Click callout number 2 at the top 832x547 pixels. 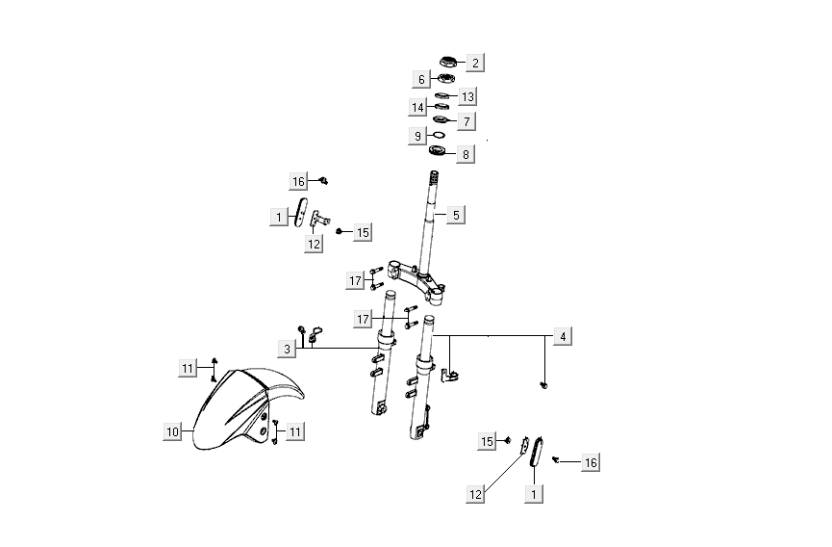(x=475, y=63)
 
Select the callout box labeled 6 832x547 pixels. (x=421, y=78)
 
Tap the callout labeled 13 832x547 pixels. (x=467, y=97)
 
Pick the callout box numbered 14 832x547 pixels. (x=417, y=107)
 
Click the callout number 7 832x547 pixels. (x=467, y=122)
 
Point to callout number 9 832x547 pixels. (x=417, y=137)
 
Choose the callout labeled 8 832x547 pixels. (x=466, y=153)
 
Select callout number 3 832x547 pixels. (x=288, y=348)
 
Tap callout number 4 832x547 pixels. (x=564, y=336)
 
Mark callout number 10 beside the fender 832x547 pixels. (x=172, y=431)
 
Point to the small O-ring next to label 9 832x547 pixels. (x=437, y=137)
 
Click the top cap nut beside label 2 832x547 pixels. (x=449, y=63)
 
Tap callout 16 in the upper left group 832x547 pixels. (x=299, y=181)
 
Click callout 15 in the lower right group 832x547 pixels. (x=488, y=441)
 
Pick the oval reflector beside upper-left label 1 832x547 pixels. (x=301, y=213)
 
